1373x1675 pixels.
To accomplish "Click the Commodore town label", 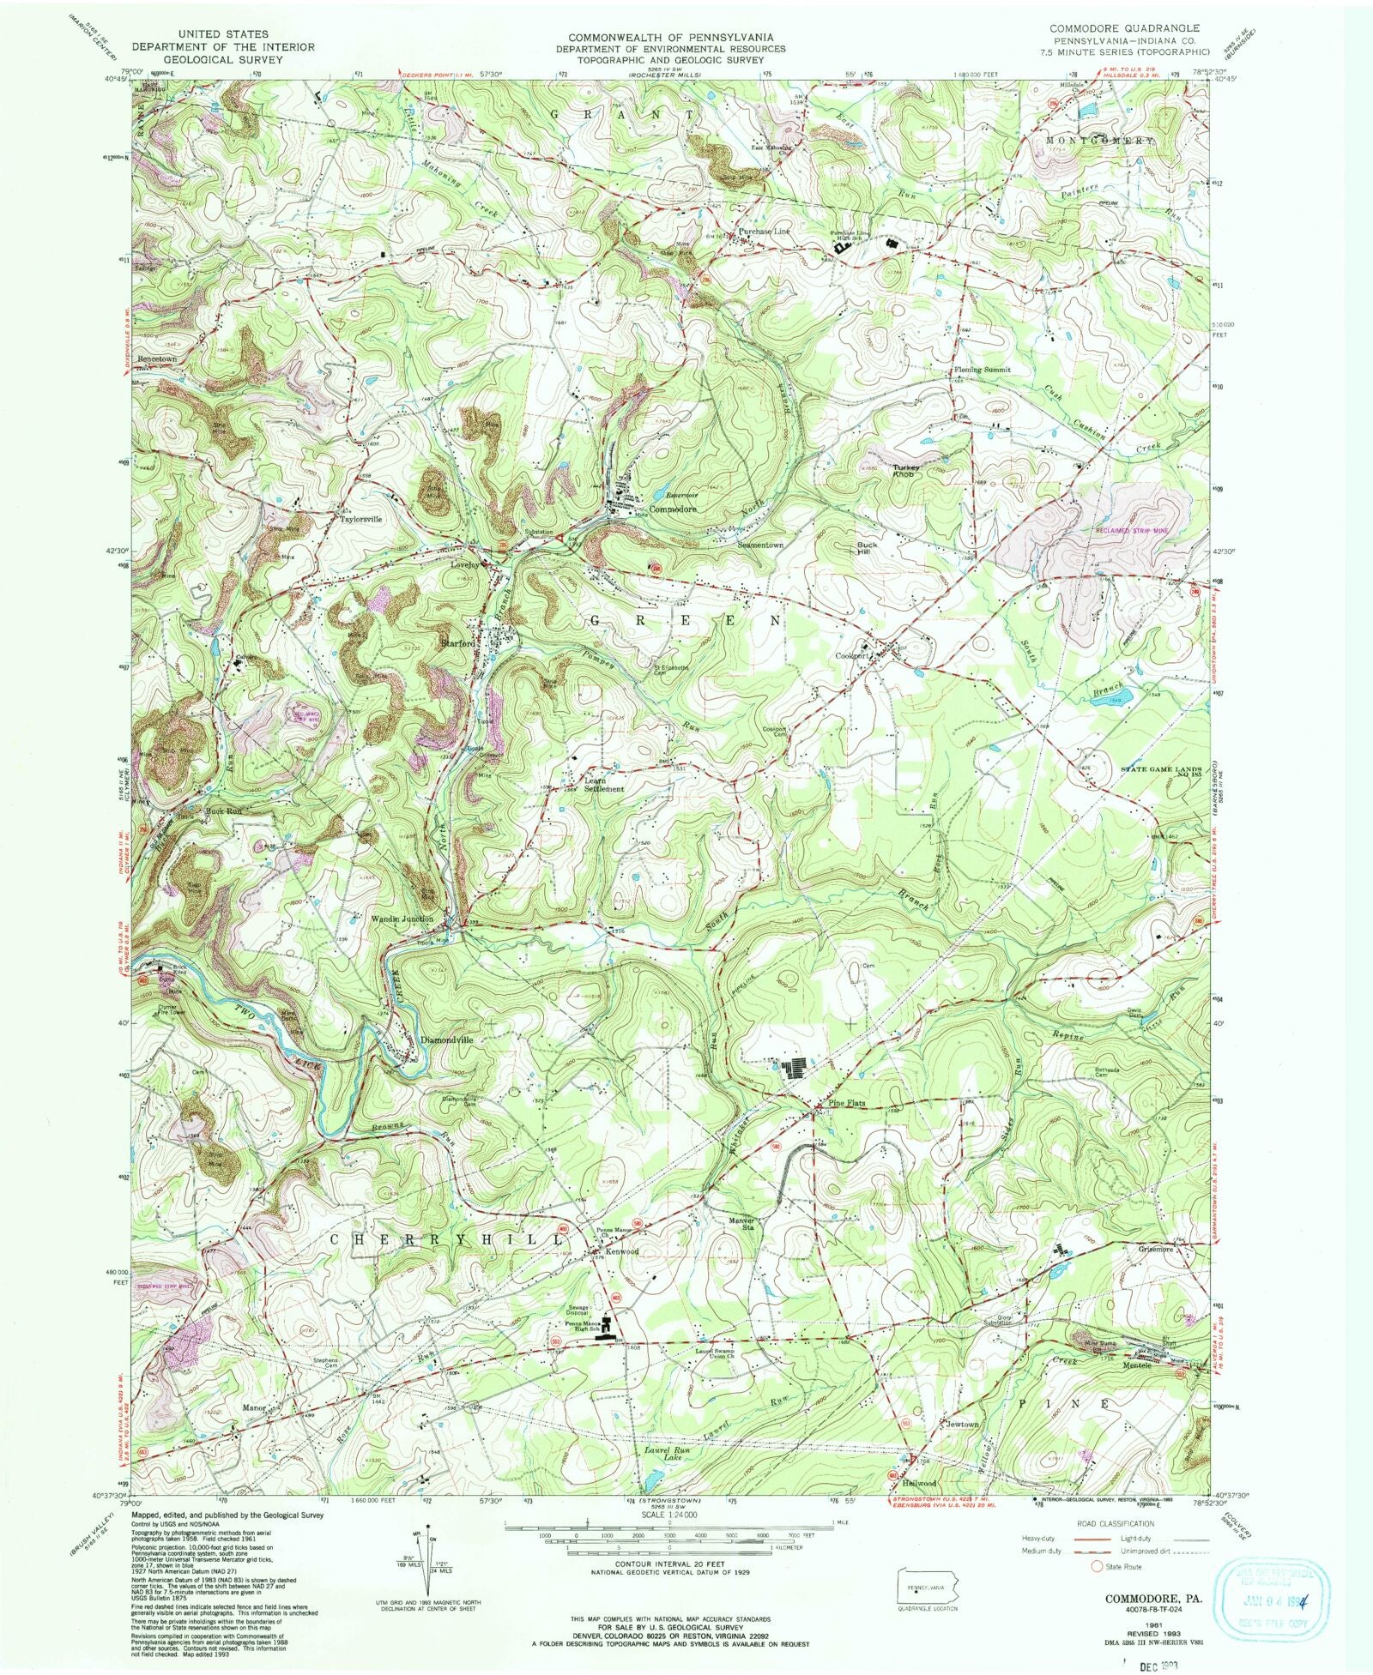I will [x=673, y=509].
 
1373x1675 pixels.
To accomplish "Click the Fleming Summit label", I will [x=982, y=370].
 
